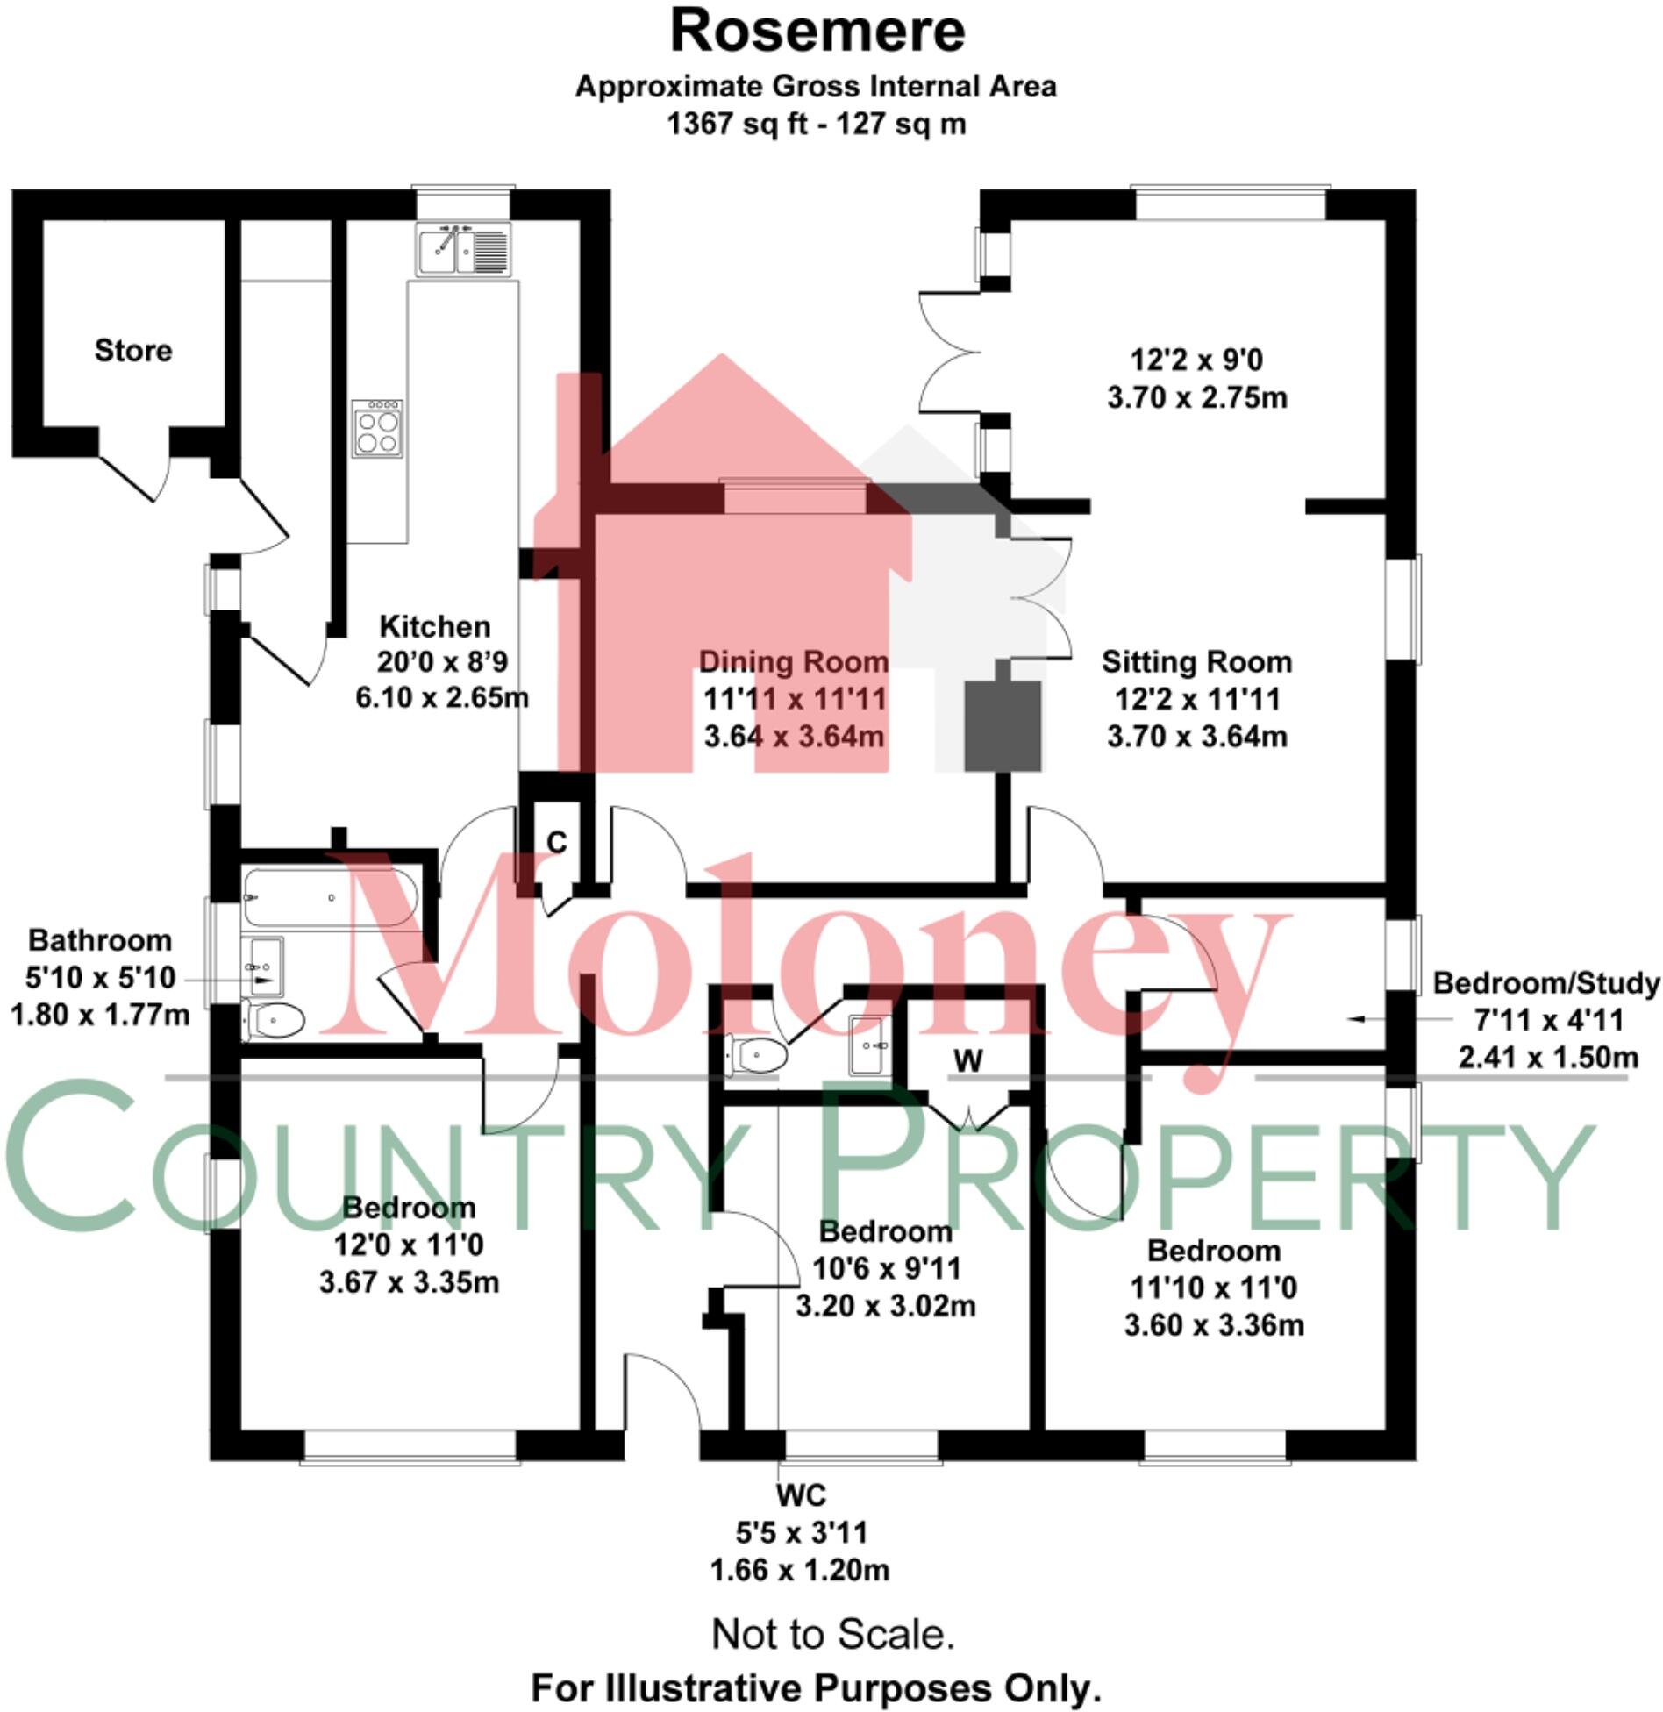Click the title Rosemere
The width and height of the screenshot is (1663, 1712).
pyautogui.click(x=817, y=32)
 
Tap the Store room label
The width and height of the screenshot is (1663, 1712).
pyautogui.click(x=133, y=351)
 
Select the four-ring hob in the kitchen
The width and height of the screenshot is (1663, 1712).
pyautogui.click(x=378, y=428)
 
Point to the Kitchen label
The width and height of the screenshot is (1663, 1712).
pyautogui.click(x=434, y=626)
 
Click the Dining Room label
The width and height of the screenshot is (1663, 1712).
pyautogui.click(x=793, y=661)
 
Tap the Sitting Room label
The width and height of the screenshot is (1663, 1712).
pyautogui.click(x=1196, y=661)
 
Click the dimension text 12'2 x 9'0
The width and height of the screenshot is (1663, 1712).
pyautogui.click(x=1196, y=360)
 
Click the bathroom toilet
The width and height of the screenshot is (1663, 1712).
pyautogui.click(x=275, y=1020)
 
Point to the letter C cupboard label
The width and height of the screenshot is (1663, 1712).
pyautogui.click(x=556, y=842)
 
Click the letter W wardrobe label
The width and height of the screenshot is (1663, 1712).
pyautogui.click(x=968, y=1061)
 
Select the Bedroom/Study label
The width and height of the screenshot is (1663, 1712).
pyautogui.click(x=1546, y=983)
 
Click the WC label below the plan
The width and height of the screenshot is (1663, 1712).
pyautogui.click(x=800, y=1494)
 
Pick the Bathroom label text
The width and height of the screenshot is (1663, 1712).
pyautogui.click(x=100, y=940)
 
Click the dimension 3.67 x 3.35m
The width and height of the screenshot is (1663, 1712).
pyautogui.click(x=409, y=1282)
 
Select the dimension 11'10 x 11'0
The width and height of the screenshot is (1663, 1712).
pyautogui.click(x=1214, y=1288)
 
